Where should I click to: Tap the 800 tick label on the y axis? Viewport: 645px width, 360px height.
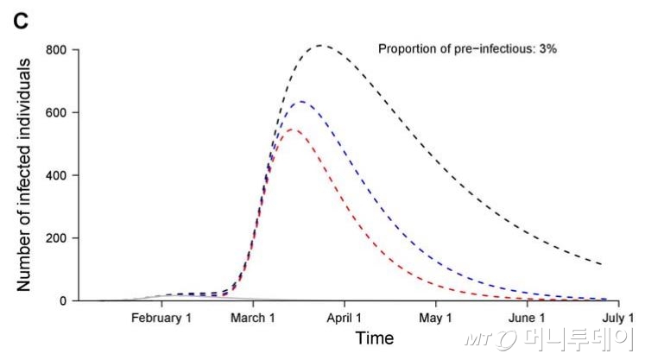pos(58,49)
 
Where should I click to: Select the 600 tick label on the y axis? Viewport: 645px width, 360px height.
pos(58,112)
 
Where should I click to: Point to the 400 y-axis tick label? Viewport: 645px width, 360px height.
pos(58,175)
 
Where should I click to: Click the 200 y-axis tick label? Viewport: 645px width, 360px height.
pos(58,237)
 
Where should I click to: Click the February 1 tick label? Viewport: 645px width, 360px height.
pos(161,318)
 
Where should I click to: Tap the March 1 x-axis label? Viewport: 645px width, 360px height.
pos(253,318)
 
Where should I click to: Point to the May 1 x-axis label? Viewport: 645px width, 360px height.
pos(436,318)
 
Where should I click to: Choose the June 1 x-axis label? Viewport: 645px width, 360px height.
pos(528,318)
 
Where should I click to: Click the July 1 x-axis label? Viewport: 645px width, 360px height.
pos(617,318)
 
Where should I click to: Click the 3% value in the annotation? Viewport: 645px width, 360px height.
pos(547,48)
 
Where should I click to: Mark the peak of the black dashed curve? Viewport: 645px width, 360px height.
pos(321,45)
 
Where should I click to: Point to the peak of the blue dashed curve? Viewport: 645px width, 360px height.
pos(301,101)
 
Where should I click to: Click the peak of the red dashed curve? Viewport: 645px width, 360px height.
pos(292,129)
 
